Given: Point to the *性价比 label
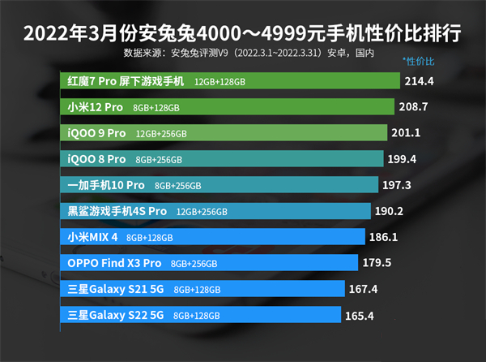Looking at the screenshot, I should coord(419,62).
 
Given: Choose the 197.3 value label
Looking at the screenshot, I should coord(397,185).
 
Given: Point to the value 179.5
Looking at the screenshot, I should coord(377,262).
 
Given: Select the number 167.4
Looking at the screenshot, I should coord(363,288).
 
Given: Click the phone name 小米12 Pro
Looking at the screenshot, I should coord(96,107).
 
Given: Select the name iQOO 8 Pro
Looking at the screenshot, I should coord(97,159).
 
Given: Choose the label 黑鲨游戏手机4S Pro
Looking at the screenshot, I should coord(117,211).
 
